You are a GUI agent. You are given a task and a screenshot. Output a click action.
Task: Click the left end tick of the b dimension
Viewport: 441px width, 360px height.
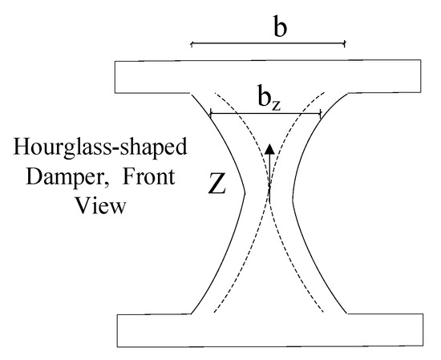click(192, 43)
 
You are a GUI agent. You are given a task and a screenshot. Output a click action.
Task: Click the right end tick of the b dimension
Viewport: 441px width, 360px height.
click(345, 43)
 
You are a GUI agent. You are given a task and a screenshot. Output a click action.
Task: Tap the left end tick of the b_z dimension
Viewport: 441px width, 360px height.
click(210, 114)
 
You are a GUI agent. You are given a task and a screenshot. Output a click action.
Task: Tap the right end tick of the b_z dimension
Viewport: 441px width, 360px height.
click(320, 114)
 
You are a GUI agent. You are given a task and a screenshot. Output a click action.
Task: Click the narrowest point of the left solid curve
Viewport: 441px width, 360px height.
click(243, 192)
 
